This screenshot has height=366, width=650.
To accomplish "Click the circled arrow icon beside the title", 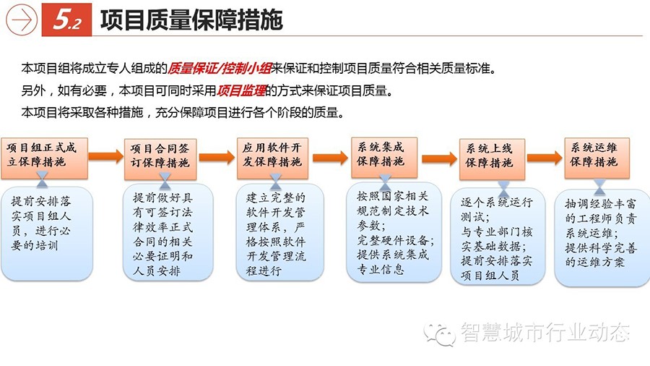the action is (22, 20).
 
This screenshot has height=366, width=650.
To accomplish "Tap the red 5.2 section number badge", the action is (66, 20).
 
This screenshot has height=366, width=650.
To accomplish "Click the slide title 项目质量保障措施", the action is (191, 20).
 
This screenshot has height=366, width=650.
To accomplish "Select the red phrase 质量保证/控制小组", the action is (220, 68).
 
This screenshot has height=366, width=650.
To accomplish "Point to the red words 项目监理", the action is (240, 90).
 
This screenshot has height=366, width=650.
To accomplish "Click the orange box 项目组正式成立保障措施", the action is (44, 158).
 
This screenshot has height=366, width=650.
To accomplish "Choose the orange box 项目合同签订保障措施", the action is (160, 159).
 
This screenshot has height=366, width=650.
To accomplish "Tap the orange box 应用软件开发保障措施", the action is (272, 158).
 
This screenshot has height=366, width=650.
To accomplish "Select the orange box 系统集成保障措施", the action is (384, 158).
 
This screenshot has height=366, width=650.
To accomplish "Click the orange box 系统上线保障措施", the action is (492, 159).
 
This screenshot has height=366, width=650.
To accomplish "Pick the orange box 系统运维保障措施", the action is (597, 158).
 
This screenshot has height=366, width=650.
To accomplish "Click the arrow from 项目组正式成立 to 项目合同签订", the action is (106, 156).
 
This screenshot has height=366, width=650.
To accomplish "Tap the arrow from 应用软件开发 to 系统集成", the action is (330, 158).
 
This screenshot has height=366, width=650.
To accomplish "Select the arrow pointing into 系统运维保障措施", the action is (545, 158).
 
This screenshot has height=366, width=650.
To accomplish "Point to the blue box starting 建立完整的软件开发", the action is (279, 232).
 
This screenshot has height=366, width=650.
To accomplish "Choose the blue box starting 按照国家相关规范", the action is (394, 232).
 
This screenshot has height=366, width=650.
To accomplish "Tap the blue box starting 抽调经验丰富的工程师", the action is (602, 238).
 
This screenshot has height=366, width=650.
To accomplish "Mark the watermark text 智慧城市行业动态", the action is (545, 333).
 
